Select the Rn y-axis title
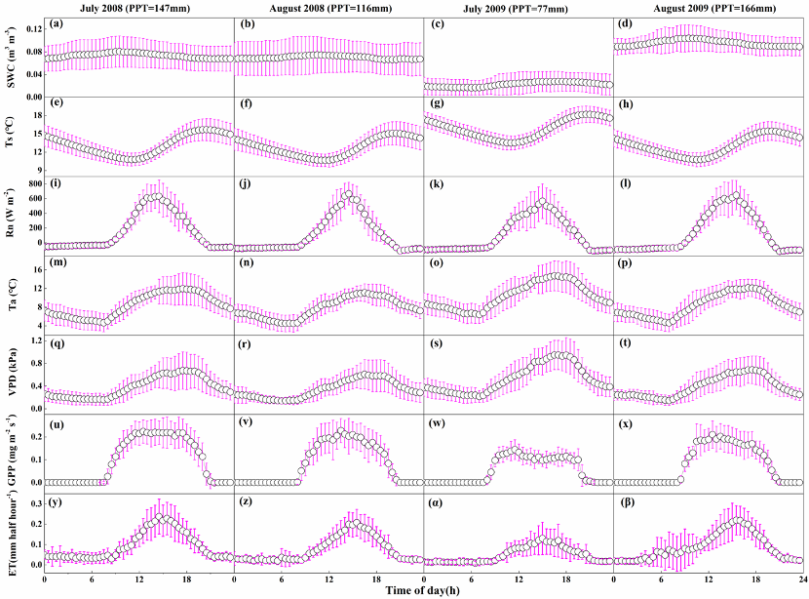coord(13,217)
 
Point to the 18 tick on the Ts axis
coord(35,115)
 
